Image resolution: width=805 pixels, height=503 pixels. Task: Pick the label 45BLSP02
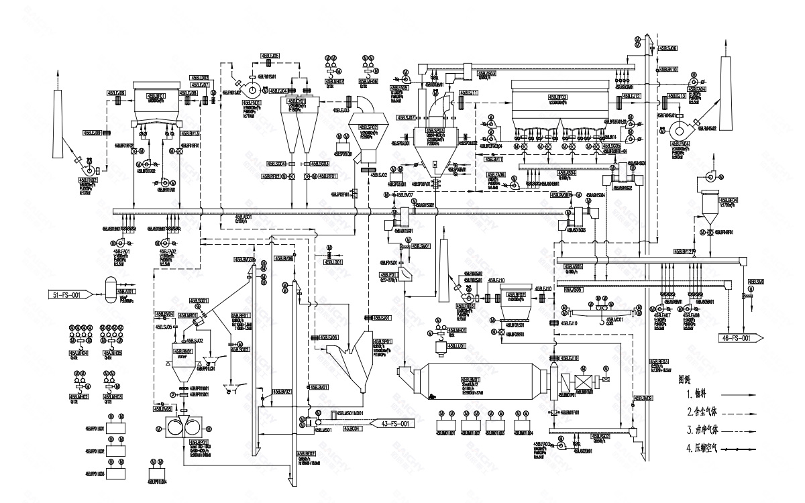click(368, 126)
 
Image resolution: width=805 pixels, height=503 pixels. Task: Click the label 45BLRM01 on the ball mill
click(470, 380)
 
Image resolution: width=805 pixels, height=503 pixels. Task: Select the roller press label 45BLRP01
click(199, 443)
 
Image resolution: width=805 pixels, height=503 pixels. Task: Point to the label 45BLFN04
click(682, 144)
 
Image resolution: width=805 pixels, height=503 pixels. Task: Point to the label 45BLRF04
click(728, 200)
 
